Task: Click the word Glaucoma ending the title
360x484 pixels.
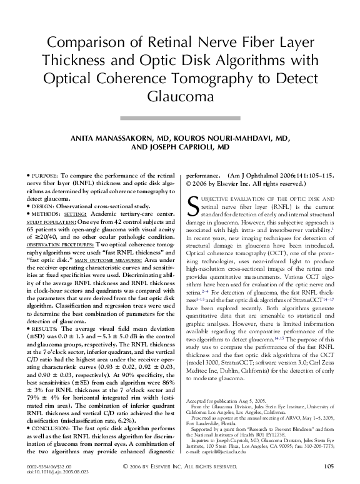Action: point(180,98)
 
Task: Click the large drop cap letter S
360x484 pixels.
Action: point(194,206)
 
